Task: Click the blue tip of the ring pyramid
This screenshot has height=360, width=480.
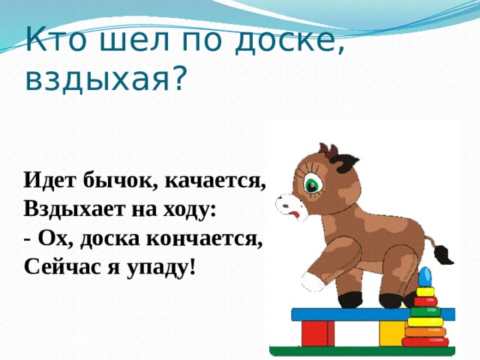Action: pos(425,274)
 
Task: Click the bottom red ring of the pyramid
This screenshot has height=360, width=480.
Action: pos(425,341)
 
